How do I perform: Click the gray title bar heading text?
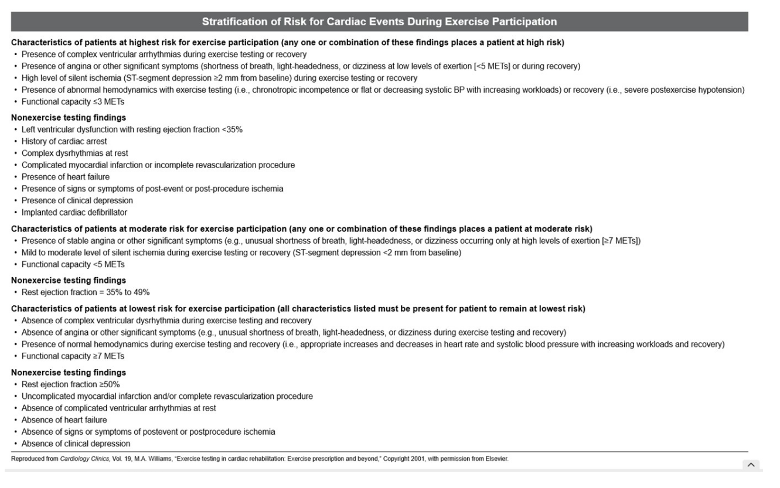coord(379,22)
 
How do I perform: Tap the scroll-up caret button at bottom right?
coord(750,465)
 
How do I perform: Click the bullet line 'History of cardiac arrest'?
coord(64,141)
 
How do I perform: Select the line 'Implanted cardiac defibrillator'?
coord(74,212)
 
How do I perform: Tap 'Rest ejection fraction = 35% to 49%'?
coord(86,292)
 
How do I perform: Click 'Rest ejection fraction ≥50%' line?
coord(71,384)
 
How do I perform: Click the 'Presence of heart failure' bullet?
coord(65,177)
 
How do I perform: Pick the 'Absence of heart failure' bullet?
coord(64,420)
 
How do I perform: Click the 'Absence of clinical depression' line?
coord(76,443)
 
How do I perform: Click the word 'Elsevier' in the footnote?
coord(496,459)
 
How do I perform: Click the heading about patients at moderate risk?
coord(302,228)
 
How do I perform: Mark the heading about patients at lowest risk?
coord(298,309)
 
